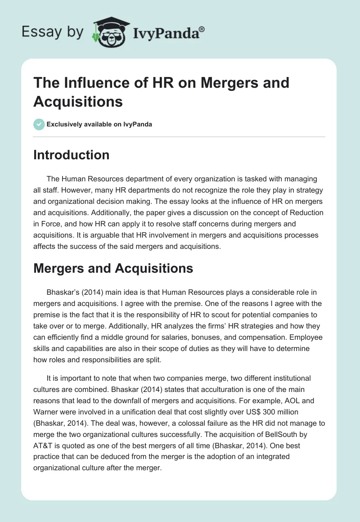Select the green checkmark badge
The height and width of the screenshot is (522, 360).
pyautogui.click(x=39, y=124)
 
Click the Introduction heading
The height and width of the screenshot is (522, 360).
pyautogui.click(x=71, y=155)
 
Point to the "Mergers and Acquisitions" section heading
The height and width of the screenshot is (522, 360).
pyautogui.click(x=113, y=269)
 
